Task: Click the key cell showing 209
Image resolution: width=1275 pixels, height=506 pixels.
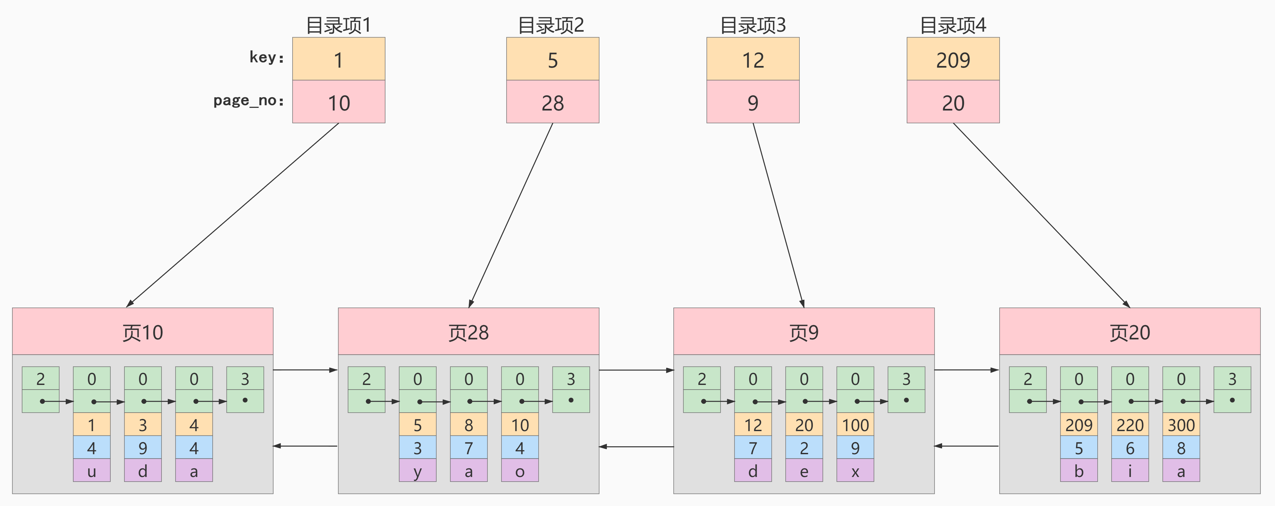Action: click(953, 59)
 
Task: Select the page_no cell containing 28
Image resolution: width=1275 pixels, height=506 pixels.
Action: click(552, 102)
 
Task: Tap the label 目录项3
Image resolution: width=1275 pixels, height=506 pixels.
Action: click(752, 25)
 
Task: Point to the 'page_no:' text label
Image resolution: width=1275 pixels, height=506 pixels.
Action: click(248, 100)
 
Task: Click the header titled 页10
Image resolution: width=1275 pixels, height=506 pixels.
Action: click(143, 332)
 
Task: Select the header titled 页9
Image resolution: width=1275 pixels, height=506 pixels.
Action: click(803, 332)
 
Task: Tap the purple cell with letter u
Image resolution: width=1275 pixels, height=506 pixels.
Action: click(91, 471)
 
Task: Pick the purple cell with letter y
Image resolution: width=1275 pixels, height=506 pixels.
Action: click(417, 471)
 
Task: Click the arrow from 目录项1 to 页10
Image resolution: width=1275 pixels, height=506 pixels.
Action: click(232, 215)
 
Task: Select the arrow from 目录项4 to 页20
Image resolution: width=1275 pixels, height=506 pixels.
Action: click(1042, 215)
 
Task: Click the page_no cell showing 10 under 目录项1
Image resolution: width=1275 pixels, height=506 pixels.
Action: click(338, 102)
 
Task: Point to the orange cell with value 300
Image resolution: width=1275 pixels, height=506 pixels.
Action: click(1181, 425)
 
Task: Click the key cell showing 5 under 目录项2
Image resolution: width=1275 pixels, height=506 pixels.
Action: click(552, 59)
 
